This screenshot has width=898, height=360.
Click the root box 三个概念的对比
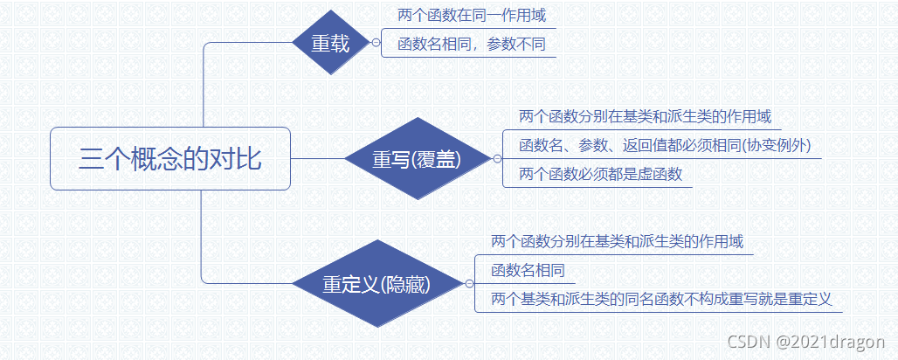169,159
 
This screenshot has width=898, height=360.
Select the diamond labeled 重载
332,43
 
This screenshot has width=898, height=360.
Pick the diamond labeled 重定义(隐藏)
376,284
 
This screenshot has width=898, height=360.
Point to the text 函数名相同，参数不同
471,44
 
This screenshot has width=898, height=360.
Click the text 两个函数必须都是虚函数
600,174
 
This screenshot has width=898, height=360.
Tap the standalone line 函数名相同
528,269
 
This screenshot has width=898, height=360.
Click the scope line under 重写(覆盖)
645,116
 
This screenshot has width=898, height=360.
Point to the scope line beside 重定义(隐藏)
618,240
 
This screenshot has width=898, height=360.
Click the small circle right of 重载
376,42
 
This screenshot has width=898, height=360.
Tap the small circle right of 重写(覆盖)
497,159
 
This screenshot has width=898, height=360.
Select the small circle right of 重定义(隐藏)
469,284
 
